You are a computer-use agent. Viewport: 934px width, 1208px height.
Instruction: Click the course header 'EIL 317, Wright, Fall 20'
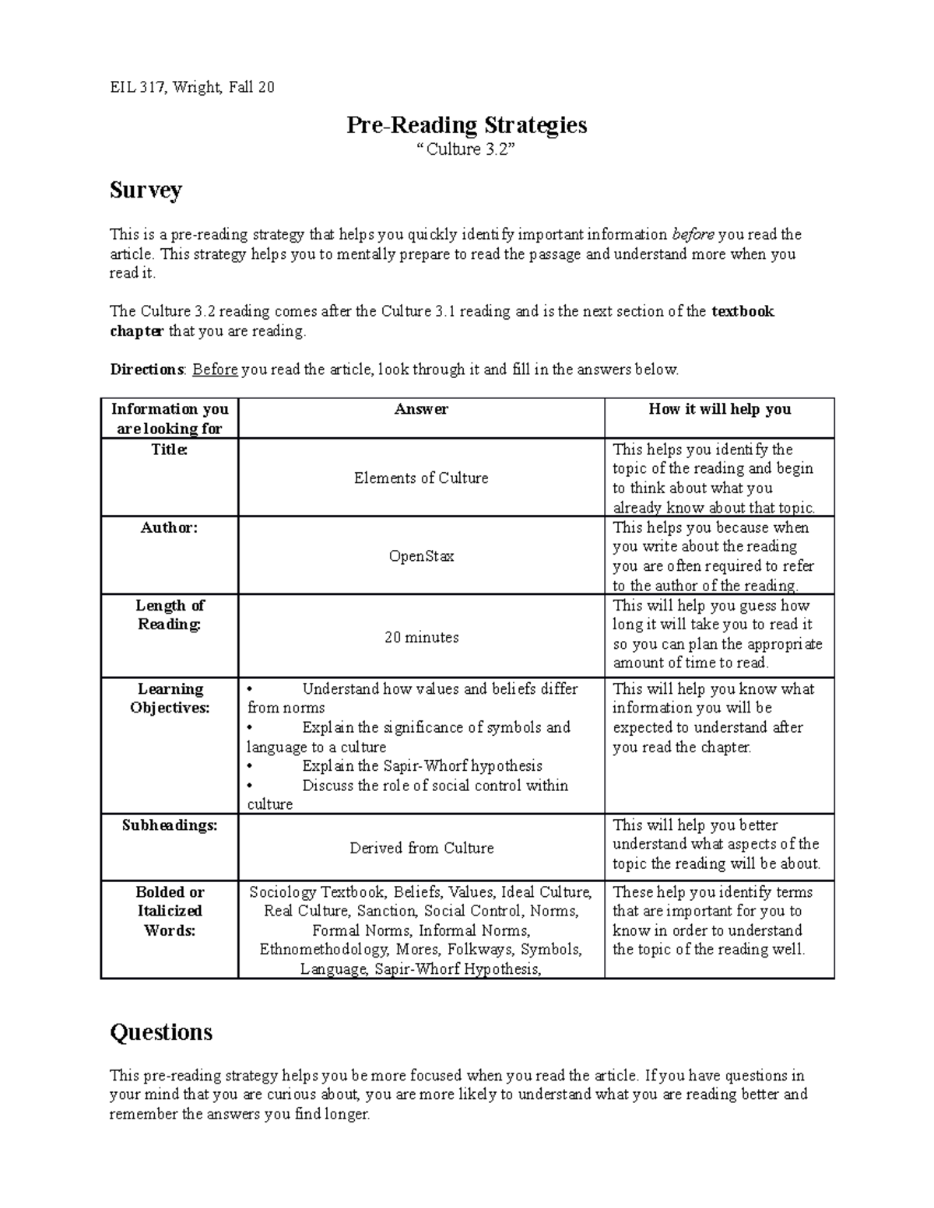pyautogui.click(x=191, y=87)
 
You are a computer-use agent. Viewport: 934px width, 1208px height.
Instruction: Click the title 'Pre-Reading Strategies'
pyautogui.click(x=466, y=125)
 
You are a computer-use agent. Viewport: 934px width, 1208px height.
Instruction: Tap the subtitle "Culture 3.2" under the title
pyautogui.click(x=466, y=149)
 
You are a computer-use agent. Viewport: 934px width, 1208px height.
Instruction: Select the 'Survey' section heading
pyautogui.click(x=146, y=190)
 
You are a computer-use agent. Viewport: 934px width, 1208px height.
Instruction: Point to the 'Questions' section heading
pyautogui.click(x=161, y=1032)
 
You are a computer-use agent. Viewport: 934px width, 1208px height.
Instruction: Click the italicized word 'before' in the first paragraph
pyautogui.click(x=693, y=234)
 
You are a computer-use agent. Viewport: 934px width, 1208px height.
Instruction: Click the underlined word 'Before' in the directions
pyautogui.click(x=215, y=369)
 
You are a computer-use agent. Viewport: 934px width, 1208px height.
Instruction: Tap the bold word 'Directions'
pyautogui.click(x=146, y=369)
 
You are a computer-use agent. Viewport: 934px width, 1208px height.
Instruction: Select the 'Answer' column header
pyautogui.click(x=421, y=409)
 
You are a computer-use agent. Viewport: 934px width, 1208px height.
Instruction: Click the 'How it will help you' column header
pyautogui.click(x=719, y=409)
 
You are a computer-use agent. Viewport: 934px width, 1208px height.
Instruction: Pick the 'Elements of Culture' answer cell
pyautogui.click(x=421, y=478)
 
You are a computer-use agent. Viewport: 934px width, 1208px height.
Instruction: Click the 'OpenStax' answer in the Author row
pyautogui.click(x=421, y=557)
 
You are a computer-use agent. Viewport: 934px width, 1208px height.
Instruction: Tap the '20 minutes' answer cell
pyautogui.click(x=421, y=638)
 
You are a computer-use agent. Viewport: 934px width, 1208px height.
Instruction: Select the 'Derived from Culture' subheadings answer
pyautogui.click(x=421, y=849)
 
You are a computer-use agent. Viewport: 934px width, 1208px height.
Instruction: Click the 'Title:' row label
pyautogui.click(x=169, y=450)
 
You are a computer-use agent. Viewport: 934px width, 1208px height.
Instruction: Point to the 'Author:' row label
pyautogui.click(x=169, y=527)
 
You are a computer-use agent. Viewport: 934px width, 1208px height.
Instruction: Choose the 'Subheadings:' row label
pyautogui.click(x=169, y=825)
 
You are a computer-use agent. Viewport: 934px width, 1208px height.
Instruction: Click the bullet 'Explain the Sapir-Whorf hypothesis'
pyautogui.click(x=421, y=766)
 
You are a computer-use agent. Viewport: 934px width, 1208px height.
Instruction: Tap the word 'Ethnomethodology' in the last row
pyautogui.click(x=324, y=950)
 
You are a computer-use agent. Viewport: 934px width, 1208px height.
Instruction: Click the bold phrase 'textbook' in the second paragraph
pyautogui.click(x=743, y=312)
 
